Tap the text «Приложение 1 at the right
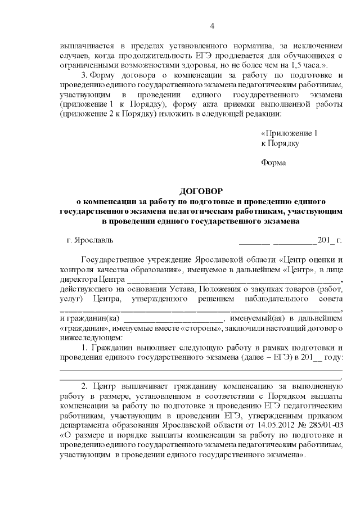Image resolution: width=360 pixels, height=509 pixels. [x=290, y=133]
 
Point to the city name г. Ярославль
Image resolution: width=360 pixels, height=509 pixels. [x=90, y=240]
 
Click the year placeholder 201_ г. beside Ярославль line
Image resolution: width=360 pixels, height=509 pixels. [x=330, y=240]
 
